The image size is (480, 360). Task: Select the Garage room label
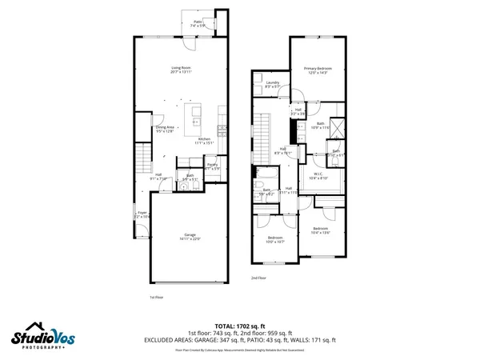pyautogui.click(x=190, y=236)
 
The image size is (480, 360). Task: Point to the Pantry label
pyautogui.click(x=213, y=166)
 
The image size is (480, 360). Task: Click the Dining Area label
pyautogui.click(x=165, y=128)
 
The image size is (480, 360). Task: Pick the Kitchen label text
pyautogui.click(x=205, y=140)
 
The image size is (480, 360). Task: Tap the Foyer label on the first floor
pyautogui.click(x=142, y=214)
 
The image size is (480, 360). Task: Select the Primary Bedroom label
pyautogui.click(x=318, y=70)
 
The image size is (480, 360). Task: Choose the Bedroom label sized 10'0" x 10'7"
pyautogui.click(x=275, y=239)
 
